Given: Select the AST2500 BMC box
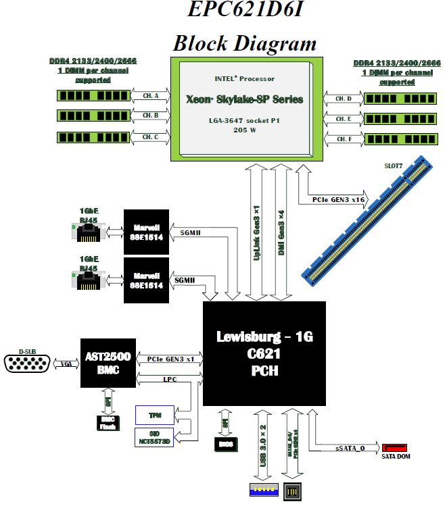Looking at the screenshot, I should click(x=108, y=363).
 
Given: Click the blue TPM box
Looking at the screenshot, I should click(x=155, y=414).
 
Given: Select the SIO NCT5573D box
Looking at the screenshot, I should click(x=155, y=436).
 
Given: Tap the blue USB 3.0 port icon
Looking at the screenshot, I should click(x=262, y=491).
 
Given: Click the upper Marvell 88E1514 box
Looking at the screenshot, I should click(x=145, y=232).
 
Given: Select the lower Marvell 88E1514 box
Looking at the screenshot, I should click(x=145, y=280).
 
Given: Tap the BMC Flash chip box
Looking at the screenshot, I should click(x=108, y=422).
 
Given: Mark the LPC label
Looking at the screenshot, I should click(x=170, y=379).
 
